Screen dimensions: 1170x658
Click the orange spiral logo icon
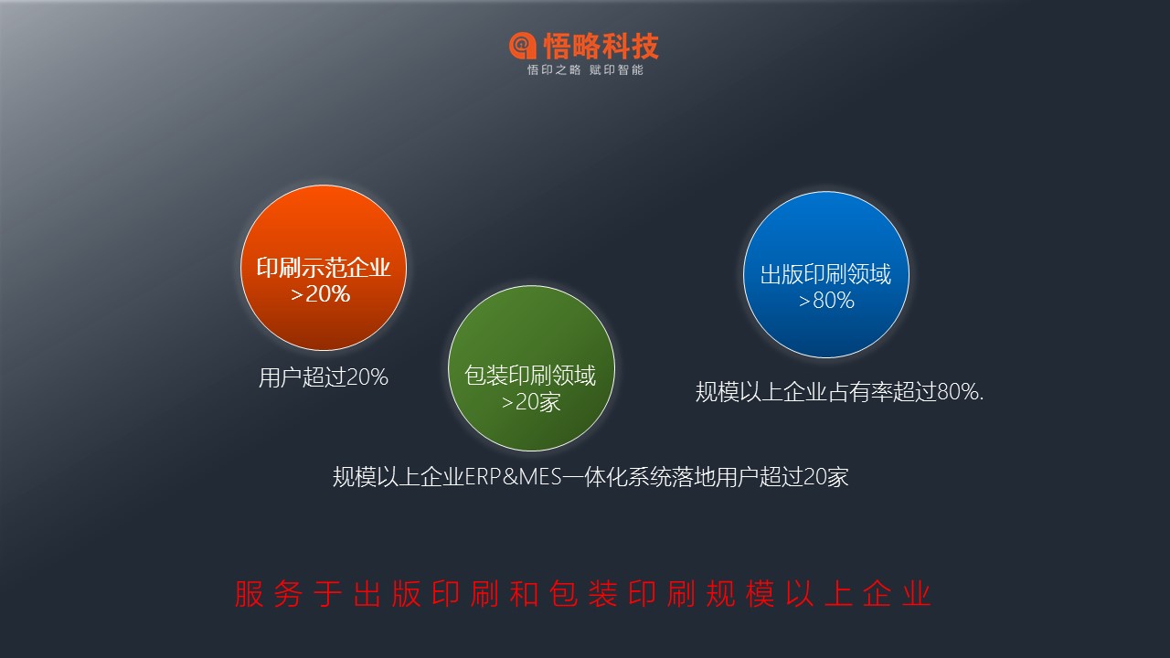pos(522,46)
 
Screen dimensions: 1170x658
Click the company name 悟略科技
pos(601,46)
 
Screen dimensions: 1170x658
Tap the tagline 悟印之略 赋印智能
pos(585,70)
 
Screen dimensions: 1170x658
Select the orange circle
pos(324,268)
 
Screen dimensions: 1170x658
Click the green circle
pos(531,368)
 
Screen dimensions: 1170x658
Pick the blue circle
pos(826,274)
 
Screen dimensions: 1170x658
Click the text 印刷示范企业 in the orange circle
pos(324,268)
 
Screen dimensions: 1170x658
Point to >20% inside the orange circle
pos(320,294)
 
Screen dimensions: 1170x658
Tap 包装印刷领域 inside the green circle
pos(530,376)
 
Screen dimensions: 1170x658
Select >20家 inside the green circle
pos(531,402)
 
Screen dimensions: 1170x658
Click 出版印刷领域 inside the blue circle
pos(825,274)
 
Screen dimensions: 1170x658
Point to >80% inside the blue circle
pos(826,301)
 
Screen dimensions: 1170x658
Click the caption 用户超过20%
pos(324,377)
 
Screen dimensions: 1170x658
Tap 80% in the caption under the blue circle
pos(958,392)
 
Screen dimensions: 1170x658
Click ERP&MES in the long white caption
pos(513,477)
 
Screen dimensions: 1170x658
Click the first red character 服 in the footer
pos(250,594)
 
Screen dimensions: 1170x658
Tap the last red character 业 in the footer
pos(917,594)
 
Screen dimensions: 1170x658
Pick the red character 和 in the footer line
pos(524,594)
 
